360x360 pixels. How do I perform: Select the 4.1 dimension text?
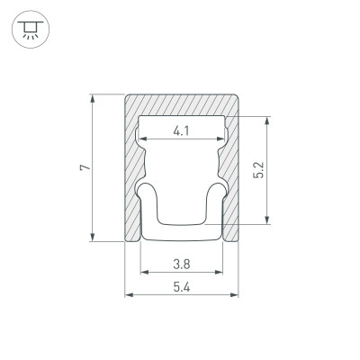(181, 130)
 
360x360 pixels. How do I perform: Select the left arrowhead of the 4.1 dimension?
(143, 139)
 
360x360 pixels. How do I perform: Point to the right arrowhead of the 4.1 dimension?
(220, 139)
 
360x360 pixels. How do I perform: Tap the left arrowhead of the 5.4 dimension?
(127, 295)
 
